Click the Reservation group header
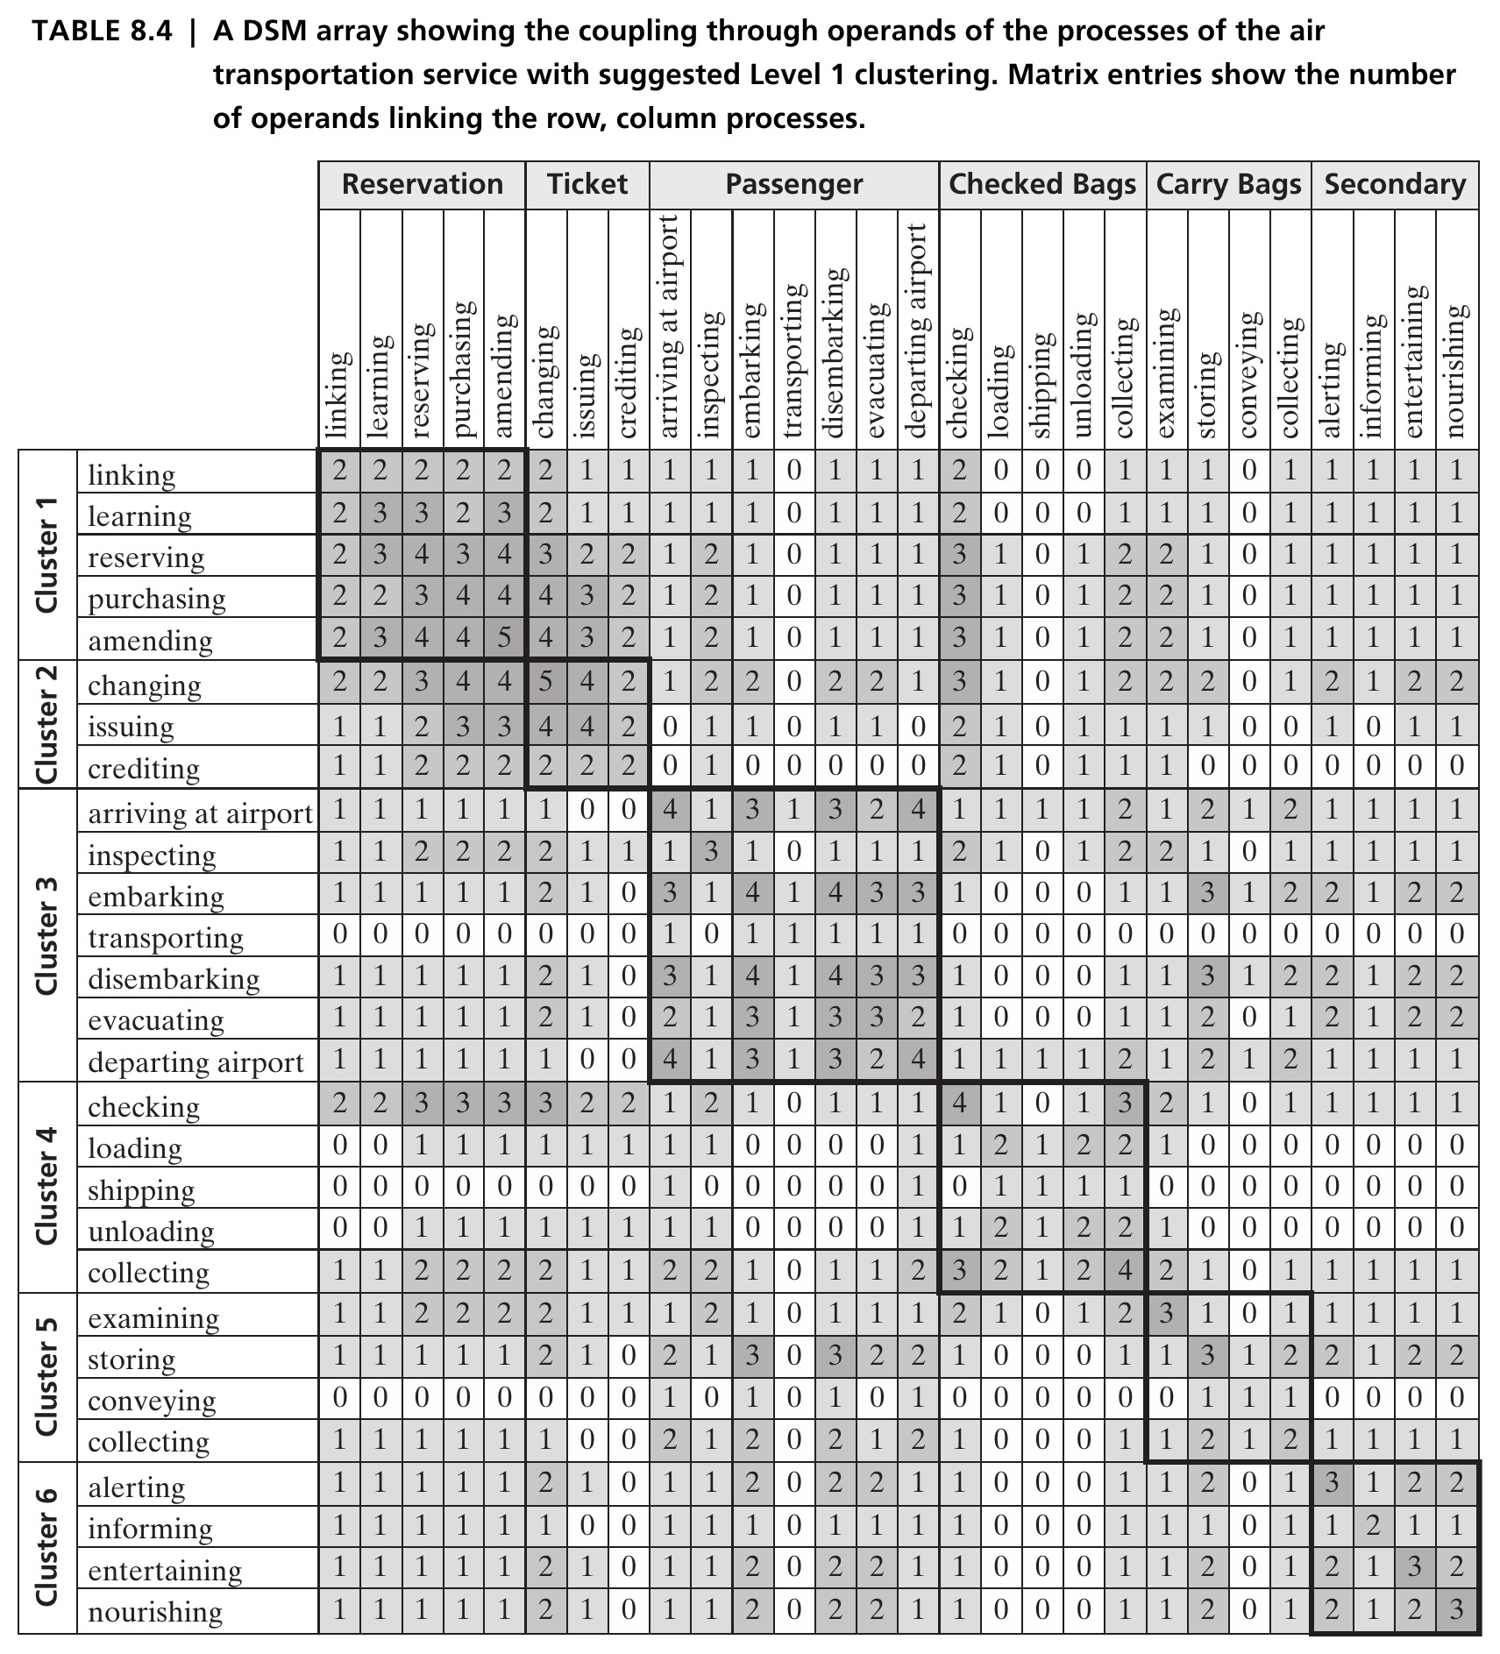(x=423, y=184)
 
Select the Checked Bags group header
(x=1042, y=184)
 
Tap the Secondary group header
(x=1395, y=184)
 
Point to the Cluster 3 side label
(x=46, y=934)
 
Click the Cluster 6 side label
(x=46, y=1546)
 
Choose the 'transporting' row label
(x=166, y=937)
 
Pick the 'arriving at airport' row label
(x=200, y=813)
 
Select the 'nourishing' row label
(x=155, y=1611)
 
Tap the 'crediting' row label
(x=144, y=768)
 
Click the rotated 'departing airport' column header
(x=917, y=330)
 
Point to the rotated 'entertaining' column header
(x=1413, y=361)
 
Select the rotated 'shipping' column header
(x=1041, y=385)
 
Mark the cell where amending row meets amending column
(x=504, y=637)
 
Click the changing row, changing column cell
(x=545, y=681)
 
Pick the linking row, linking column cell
(x=339, y=472)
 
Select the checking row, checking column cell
(x=960, y=1103)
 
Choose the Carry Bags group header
(x=1228, y=184)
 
